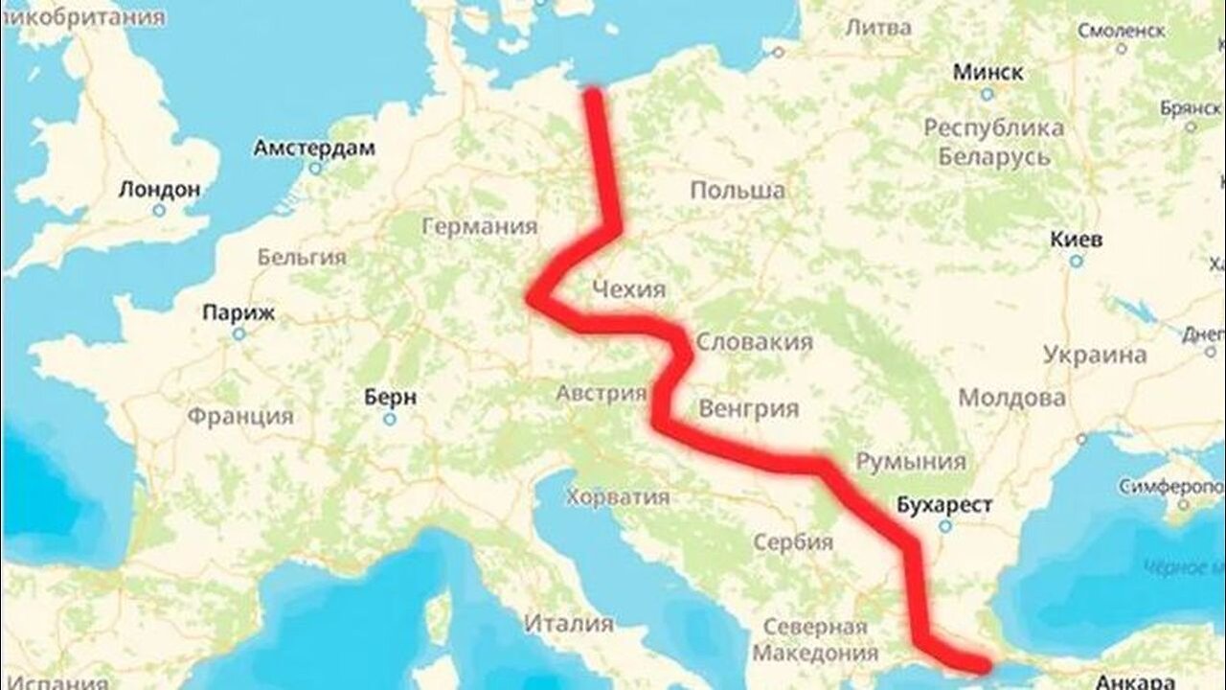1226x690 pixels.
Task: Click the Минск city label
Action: click(x=988, y=72)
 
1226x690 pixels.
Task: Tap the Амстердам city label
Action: click(x=314, y=149)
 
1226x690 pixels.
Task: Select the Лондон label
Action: click(x=160, y=189)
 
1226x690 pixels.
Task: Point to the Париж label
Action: click(x=239, y=312)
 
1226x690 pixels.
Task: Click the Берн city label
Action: click(x=391, y=397)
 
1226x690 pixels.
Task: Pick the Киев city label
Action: click(x=1076, y=239)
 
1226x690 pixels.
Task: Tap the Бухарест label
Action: click(x=945, y=504)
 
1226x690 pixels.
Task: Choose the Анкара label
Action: click(x=1136, y=681)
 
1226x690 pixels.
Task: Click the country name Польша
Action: click(x=738, y=191)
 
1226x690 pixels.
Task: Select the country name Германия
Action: click(x=480, y=227)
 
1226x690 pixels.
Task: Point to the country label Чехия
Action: click(x=628, y=288)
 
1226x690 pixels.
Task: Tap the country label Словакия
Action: click(x=754, y=342)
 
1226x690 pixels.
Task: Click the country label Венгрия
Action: click(x=749, y=409)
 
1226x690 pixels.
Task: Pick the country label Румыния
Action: click(x=910, y=462)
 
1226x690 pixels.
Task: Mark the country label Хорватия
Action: click(x=617, y=496)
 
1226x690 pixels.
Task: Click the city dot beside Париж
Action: click(x=238, y=333)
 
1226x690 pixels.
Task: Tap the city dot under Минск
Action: click(x=987, y=94)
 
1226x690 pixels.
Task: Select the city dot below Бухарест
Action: click(x=945, y=526)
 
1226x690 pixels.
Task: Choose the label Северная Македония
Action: click(x=815, y=640)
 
